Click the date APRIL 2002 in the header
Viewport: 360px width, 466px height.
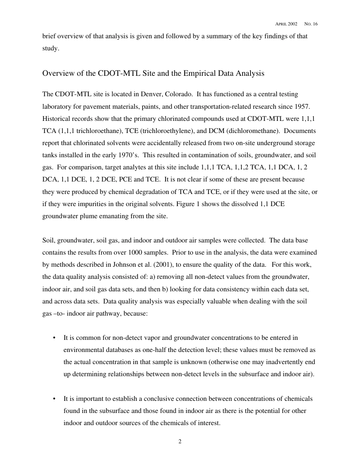click(286, 24)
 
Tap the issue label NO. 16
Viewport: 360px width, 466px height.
click(311, 24)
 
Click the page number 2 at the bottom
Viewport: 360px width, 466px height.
click(180, 441)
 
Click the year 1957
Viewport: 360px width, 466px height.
click(303, 106)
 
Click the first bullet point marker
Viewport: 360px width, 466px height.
click(55, 338)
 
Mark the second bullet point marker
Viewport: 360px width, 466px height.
click(55, 399)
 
